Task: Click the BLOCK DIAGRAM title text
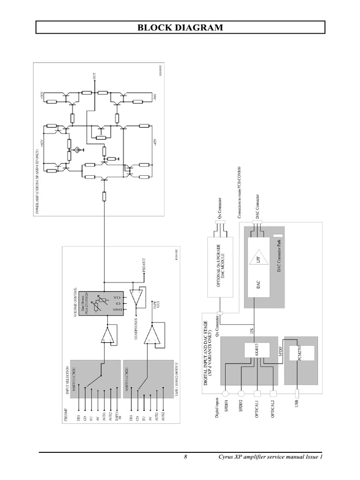coord(180,28)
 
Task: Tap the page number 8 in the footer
coord(186,457)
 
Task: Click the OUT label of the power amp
coord(95,75)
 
